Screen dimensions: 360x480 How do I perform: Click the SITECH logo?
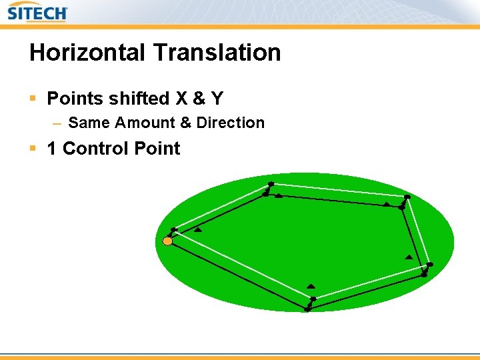click(37, 12)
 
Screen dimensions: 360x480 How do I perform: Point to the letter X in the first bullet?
click(181, 99)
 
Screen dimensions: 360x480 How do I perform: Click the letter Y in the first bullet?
click(217, 99)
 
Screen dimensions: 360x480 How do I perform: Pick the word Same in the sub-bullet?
click(89, 123)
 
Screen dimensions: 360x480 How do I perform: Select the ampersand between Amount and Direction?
click(185, 123)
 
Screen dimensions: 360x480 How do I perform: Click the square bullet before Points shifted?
click(33, 99)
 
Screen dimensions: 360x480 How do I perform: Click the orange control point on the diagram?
click(167, 241)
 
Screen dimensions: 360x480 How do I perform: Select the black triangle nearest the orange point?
click(198, 230)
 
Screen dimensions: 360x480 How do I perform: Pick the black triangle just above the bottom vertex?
click(311, 286)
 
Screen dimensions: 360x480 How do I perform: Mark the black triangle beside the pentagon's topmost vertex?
click(279, 195)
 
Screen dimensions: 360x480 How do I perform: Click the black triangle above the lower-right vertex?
click(409, 257)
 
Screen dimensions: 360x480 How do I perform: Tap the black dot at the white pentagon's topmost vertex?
click(271, 184)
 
